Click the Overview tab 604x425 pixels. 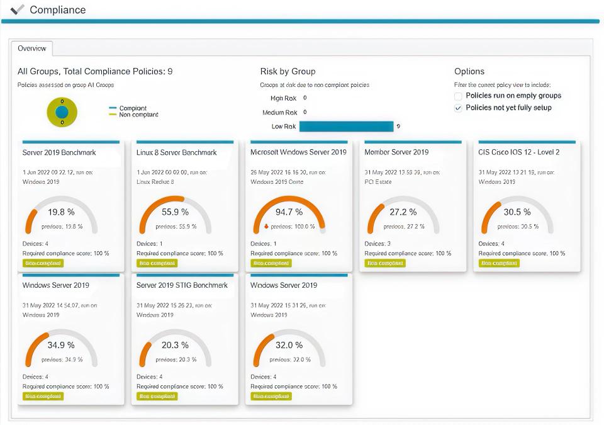pos(31,48)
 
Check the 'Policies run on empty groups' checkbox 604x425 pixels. pos(459,96)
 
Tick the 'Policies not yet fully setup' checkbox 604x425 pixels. pos(459,108)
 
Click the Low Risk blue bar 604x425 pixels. pos(346,127)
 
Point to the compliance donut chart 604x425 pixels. pos(62,112)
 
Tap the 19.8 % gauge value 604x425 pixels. pos(61,212)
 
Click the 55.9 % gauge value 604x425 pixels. pos(176,212)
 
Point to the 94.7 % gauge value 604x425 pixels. pos(289,212)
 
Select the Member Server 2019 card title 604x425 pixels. pos(396,152)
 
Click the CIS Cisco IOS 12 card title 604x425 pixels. pos(518,152)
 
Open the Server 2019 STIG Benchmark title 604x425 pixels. pos(182,285)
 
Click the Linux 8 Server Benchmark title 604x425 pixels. pos(176,152)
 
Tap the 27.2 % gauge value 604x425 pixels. pos(403,212)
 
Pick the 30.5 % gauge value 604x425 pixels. pos(517,212)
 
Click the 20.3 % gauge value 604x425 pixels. pos(176,345)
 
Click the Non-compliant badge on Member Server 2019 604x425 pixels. pos(385,263)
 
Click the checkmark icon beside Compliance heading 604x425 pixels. pos(18,9)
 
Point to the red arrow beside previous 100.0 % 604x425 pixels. pos(266,226)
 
